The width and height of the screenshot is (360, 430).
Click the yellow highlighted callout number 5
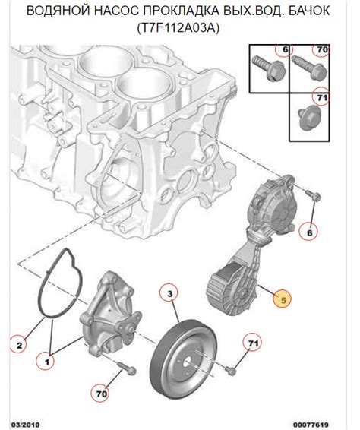[283, 300]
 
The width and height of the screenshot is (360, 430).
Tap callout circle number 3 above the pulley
[169, 294]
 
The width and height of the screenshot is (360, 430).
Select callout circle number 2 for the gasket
[19, 345]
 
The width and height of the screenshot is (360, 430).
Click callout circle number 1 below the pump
[47, 362]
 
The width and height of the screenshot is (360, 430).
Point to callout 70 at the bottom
[101, 394]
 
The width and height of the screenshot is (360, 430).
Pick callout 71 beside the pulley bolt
[252, 343]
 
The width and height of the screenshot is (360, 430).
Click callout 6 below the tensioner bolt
[309, 232]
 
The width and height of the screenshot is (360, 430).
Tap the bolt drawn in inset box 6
[270, 68]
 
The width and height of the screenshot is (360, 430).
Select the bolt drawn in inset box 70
[309, 68]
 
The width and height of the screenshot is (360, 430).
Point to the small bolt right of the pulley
[231, 370]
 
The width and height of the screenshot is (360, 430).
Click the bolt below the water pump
[127, 368]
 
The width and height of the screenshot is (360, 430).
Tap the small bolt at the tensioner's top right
[314, 194]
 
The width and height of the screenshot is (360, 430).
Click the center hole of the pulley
[189, 365]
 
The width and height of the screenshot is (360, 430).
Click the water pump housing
[109, 313]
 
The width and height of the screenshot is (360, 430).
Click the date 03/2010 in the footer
[25, 425]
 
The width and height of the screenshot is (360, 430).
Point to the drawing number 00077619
[311, 425]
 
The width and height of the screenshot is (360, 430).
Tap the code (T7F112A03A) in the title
[178, 28]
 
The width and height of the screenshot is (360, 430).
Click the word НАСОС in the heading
[116, 11]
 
